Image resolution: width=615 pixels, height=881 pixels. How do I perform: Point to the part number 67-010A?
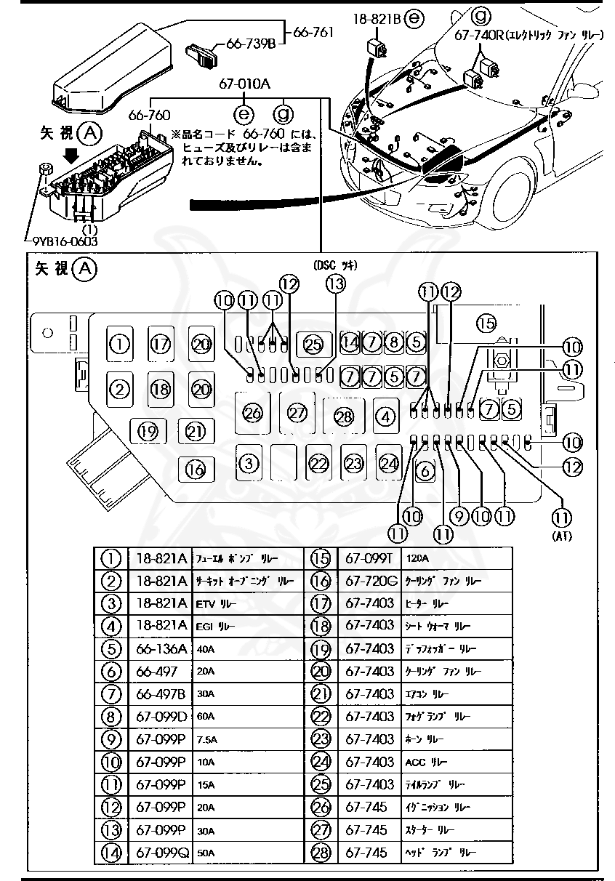245,84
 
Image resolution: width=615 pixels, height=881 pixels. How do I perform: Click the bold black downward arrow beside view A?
71,154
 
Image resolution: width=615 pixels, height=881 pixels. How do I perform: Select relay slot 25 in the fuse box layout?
313,344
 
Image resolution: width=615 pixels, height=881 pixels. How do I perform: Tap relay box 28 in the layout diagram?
343,415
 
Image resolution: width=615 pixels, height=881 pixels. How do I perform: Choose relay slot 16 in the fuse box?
195,469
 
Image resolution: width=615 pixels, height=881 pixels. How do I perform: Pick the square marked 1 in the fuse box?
121,343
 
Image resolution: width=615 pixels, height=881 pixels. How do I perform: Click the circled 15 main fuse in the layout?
485,322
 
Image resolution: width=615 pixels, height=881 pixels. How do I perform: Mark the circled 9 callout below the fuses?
459,517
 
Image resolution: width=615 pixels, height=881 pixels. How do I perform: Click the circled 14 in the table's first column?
110,852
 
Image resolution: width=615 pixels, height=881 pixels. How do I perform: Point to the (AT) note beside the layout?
561,537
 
